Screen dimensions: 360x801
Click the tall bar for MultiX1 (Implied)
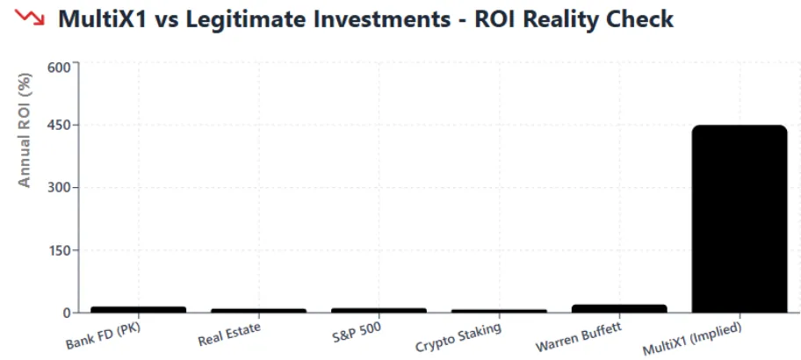click(739, 219)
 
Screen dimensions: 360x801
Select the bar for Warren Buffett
click(618, 308)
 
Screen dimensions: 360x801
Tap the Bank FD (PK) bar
click(139, 309)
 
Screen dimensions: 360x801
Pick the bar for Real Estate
click(258, 310)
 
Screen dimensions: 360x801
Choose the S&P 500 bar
click(379, 310)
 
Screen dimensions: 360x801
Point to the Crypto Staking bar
click(499, 311)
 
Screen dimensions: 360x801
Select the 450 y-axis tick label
click(57, 126)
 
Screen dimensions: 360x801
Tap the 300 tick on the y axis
click(57, 188)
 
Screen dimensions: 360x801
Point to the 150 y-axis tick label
click(57, 250)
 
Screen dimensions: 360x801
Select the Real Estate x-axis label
click(229, 335)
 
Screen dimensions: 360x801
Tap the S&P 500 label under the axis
click(355, 331)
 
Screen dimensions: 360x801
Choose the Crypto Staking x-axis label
click(458, 336)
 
